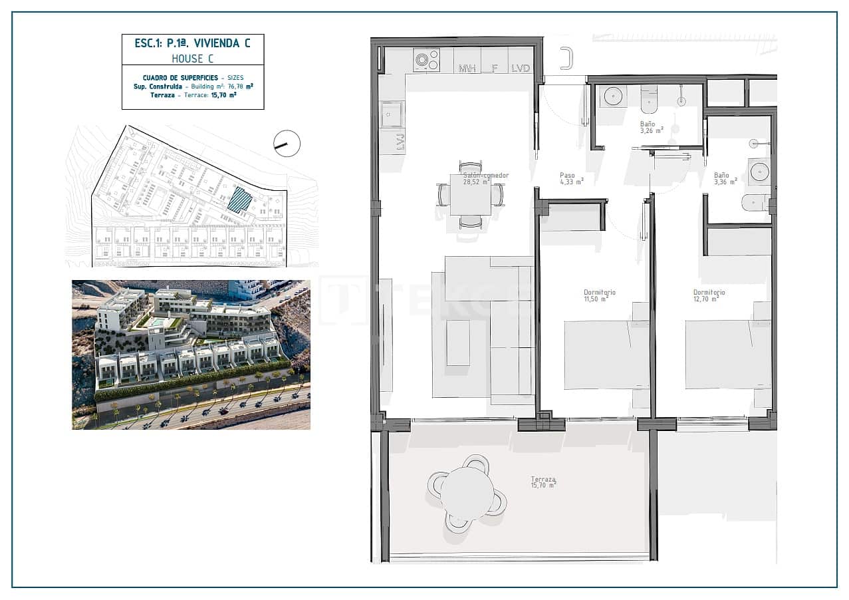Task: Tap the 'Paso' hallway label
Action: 567,176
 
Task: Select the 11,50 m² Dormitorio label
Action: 599,293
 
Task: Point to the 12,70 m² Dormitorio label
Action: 709,293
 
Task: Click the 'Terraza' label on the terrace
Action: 543,479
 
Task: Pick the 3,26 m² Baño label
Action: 648,124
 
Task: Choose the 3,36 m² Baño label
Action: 721,176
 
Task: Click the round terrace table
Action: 467,493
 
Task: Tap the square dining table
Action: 470,194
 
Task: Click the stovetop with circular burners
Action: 426,60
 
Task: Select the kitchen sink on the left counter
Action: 392,115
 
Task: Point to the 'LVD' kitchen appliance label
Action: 521,68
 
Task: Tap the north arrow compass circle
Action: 287,144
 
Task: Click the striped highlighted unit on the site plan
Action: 240,199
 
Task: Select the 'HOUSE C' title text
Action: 193,58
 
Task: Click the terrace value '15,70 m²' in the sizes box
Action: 223,95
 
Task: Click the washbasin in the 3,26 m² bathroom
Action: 611,96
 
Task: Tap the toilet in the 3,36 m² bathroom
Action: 755,202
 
